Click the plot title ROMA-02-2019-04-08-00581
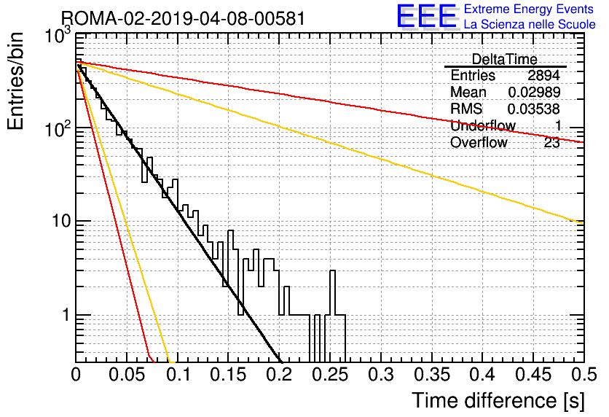pyautogui.click(x=184, y=18)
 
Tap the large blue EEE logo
pyautogui.click(x=426, y=16)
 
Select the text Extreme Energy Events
pyautogui.click(x=529, y=9)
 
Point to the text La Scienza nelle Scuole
pyautogui.click(x=530, y=24)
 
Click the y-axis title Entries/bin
pyautogui.click(x=15, y=81)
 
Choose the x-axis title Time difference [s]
pyautogui.click(x=498, y=401)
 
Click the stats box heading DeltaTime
pyautogui.click(x=504, y=59)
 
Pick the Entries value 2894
pyautogui.click(x=543, y=75)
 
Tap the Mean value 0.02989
pyautogui.click(x=534, y=92)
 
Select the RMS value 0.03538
pyautogui.click(x=534, y=109)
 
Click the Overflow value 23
pyautogui.click(x=552, y=143)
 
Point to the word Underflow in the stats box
pyautogui.click(x=483, y=125)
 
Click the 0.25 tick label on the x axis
pyautogui.click(x=330, y=375)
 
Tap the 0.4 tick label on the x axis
pyautogui.click(x=482, y=375)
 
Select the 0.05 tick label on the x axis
pyautogui.click(x=127, y=375)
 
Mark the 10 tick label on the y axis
pyautogui.click(x=61, y=221)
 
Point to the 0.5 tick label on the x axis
pyautogui.click(x=584, y=375)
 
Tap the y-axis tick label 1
pyautogui.click(x=66, y=315)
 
